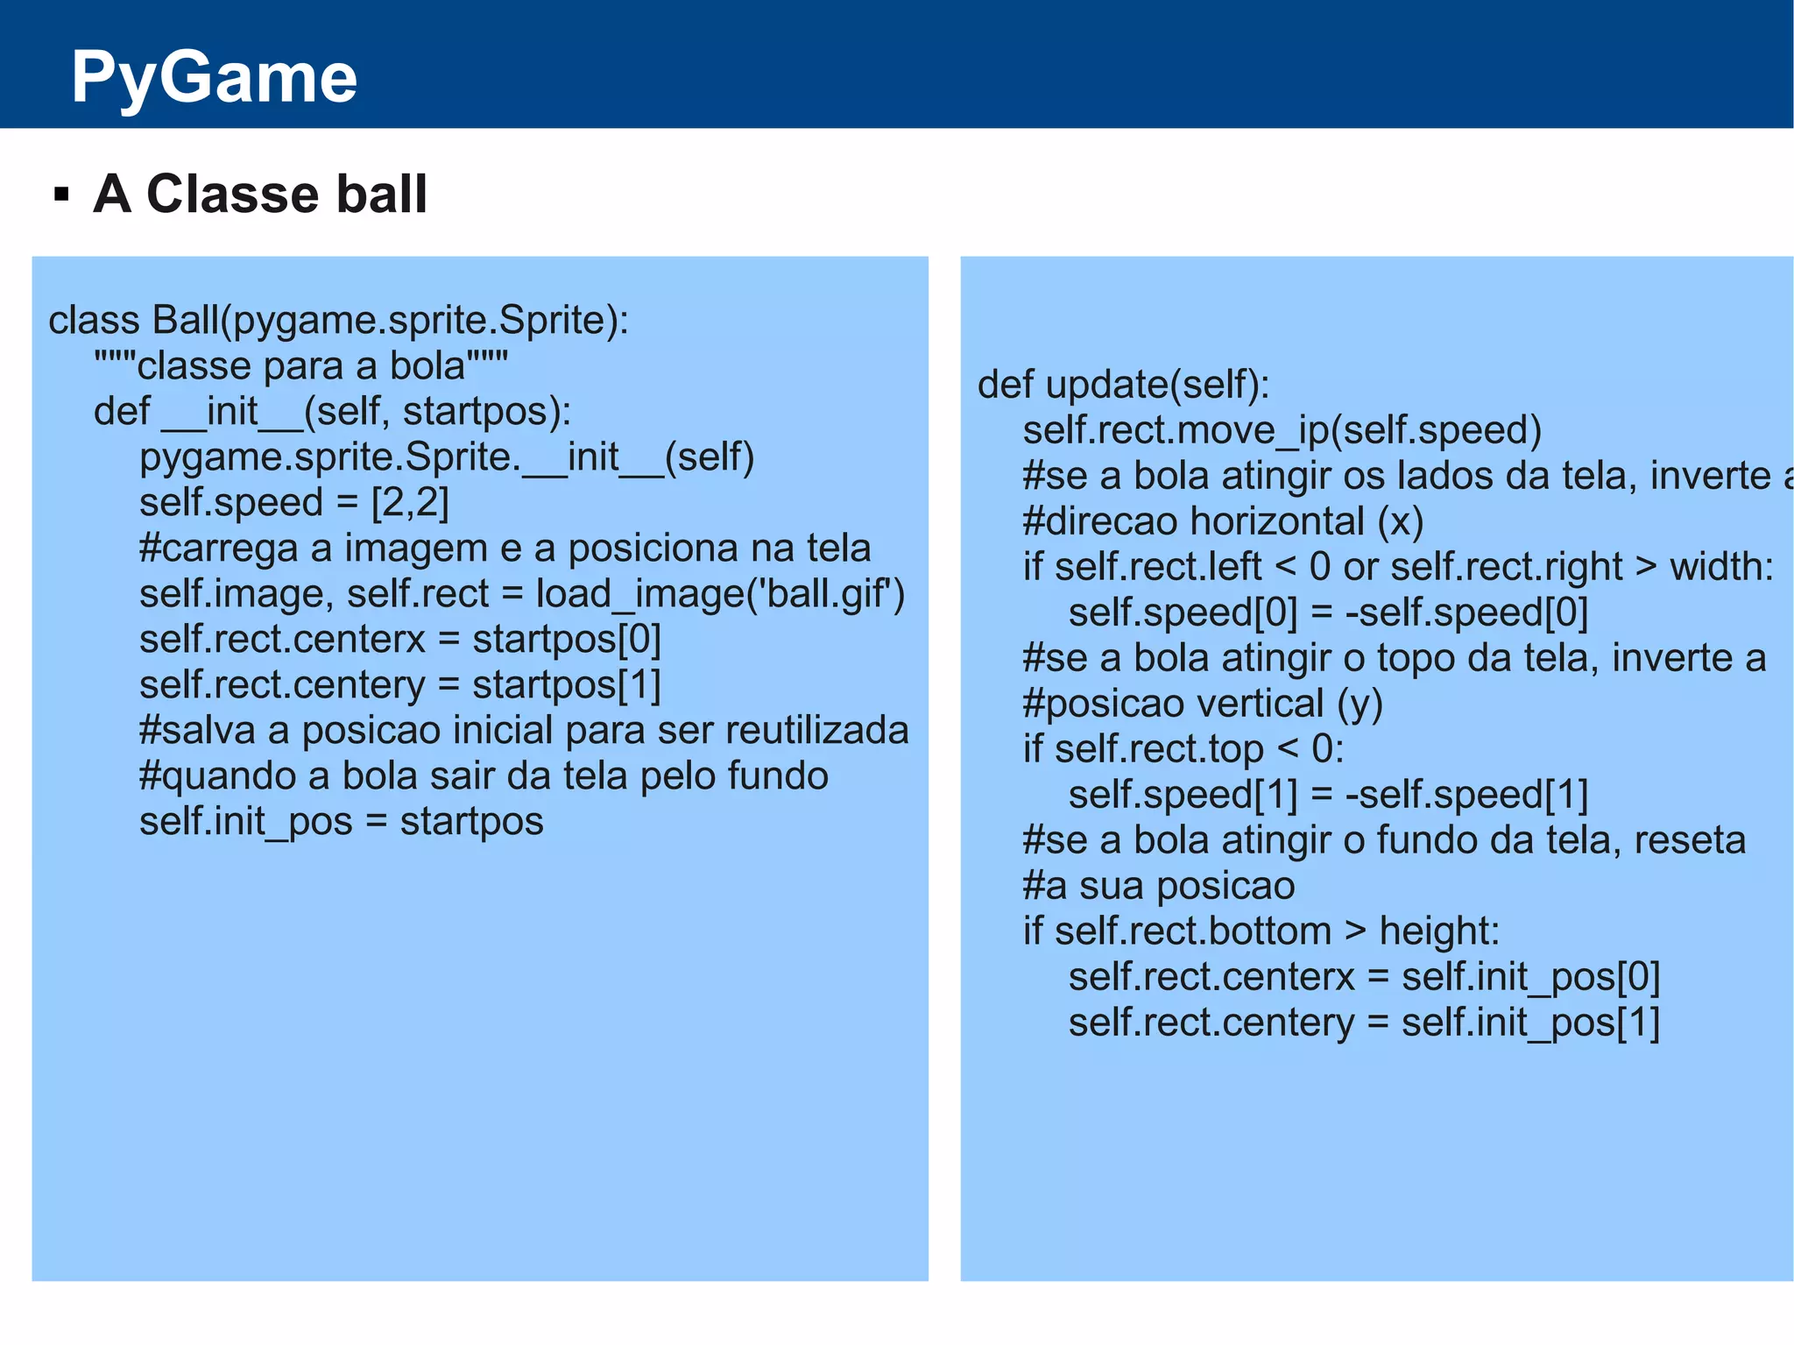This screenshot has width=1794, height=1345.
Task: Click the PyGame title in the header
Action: point(214,77)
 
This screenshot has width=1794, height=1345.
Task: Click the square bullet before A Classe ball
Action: point(61,194)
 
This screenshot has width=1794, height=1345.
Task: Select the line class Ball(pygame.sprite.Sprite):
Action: point(338,321)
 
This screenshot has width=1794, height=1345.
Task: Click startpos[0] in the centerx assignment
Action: point(567,640)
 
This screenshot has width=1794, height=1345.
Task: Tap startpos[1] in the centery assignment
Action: point(567,685)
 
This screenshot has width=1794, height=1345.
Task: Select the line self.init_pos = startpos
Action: point(341,822)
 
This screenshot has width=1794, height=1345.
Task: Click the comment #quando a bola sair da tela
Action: point(484,776)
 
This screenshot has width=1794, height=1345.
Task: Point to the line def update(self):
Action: point(1123,385)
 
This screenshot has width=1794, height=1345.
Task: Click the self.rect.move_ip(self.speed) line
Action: point(1282,430)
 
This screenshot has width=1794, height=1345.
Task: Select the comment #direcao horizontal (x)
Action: point(1223,521)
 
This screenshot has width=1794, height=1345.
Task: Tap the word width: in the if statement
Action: point(1721,567)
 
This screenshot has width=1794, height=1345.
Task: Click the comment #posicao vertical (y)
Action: point(1202,704)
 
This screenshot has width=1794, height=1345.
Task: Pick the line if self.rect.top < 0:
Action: point(1183,749)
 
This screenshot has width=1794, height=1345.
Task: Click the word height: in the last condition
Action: point(1439,931)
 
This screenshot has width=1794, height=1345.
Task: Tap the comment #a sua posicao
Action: point(1158,886)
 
